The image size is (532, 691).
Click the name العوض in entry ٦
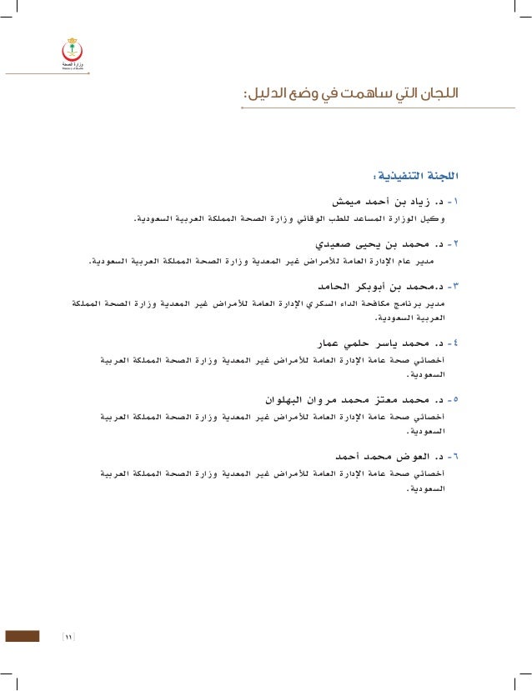[405, 457]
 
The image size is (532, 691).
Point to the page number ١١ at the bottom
[69, 638]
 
